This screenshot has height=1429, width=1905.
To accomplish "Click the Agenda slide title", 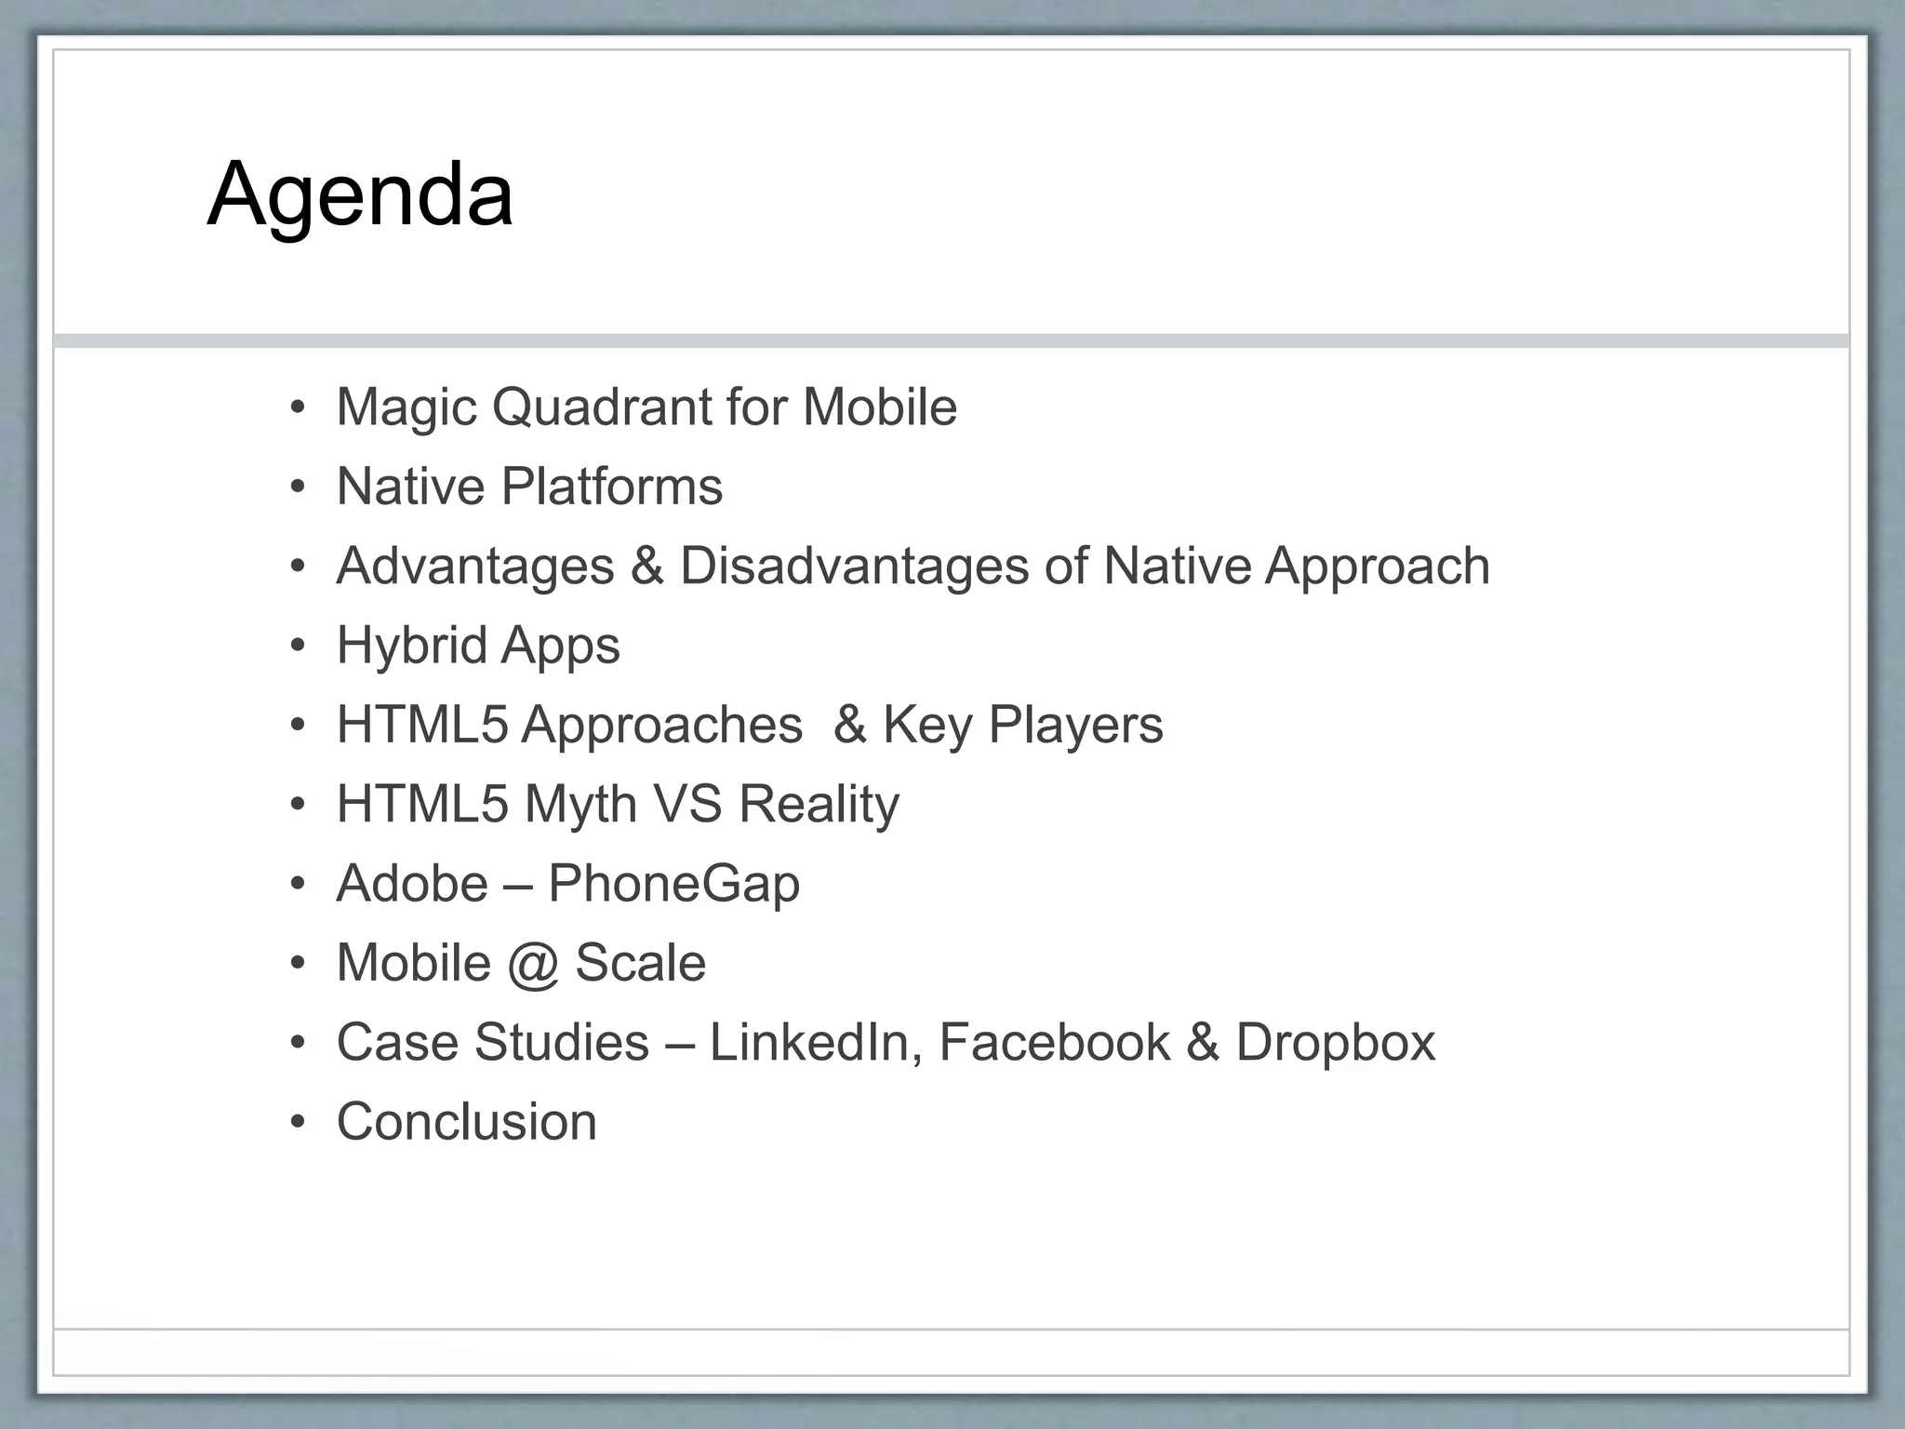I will [x=360, y=194].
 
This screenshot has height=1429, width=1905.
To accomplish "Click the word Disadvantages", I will [x=854, y=566].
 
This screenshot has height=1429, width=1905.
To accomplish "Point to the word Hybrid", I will [x=411, y=646].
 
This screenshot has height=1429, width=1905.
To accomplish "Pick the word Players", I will [x=1075, y=725].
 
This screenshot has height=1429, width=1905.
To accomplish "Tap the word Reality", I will [x=819, y=804].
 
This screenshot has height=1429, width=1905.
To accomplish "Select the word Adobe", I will [x=412, y=883].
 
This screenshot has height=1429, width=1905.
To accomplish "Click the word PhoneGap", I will [x=673, y=883].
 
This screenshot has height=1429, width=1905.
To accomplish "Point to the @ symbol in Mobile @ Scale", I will [x=533, y=963].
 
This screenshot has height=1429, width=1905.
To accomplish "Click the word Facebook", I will [x=1054, y=1042].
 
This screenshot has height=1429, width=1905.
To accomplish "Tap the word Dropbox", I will [x=1335, y=1042].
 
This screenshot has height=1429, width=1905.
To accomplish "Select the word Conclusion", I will [x=467, y=1121].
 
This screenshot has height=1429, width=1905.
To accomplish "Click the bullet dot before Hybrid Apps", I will [x=297, y=646].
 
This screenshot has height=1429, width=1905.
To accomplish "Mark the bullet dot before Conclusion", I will [x=297, y=1122].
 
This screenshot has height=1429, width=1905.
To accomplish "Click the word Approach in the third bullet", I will [x=1377, y=566].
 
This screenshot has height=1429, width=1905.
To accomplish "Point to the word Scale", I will [x=640, y=963].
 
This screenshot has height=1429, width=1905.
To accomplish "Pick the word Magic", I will [x=406, y=407].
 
